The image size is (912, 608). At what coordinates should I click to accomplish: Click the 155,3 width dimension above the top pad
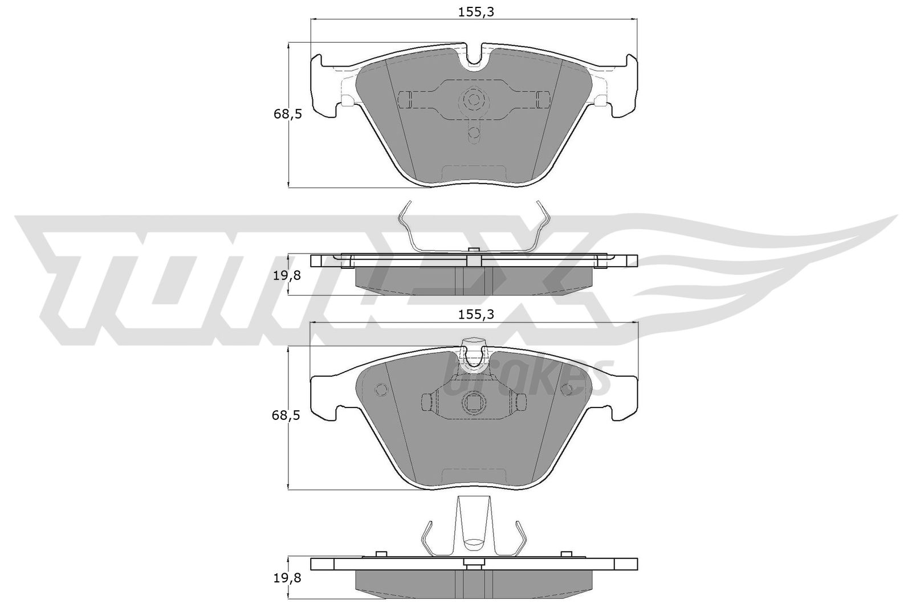coord(476,13)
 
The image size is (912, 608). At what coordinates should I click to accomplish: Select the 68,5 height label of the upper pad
coord(287,115)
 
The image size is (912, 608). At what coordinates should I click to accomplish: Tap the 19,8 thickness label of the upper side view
coord(287,276)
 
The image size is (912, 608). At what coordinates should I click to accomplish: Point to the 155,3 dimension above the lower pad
coord(476,315)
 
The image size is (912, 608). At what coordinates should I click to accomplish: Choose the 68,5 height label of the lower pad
coord(286,415)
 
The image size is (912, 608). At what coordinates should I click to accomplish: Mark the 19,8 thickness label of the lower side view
coord(287,578)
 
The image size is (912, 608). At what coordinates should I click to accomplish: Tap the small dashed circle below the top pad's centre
coord(474,132)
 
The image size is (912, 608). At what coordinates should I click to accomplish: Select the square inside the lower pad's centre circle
coord(474,403)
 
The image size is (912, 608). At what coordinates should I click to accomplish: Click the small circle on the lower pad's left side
coord(381,389)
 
